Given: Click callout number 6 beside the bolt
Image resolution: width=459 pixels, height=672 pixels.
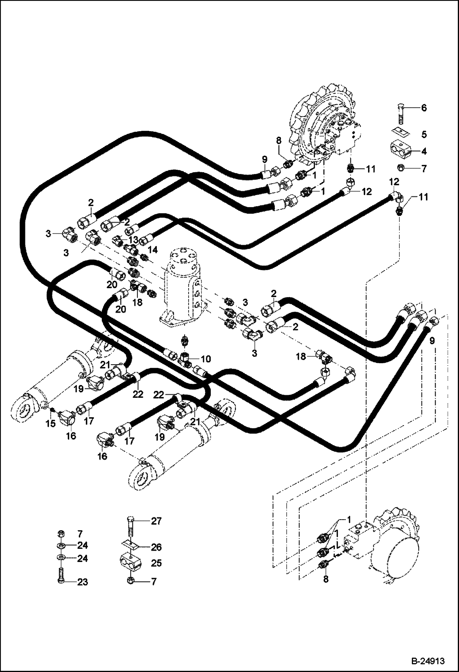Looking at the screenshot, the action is click(x=423, y=108).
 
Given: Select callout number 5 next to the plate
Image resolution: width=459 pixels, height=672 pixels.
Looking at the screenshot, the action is click(x=424, y=134).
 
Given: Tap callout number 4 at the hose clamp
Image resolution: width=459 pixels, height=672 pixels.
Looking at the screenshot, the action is click(x=424, y=151).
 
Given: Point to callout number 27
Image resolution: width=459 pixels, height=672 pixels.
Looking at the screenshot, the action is click(x=156, y=521).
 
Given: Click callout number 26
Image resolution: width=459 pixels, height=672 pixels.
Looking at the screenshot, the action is click(x=156, y=547).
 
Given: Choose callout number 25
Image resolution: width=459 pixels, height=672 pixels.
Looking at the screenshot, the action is click(x=156, y=563).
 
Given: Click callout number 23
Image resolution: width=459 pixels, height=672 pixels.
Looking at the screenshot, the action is click(x=82, y=582).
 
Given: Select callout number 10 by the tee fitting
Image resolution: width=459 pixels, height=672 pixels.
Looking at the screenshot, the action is click(x=206, y=359).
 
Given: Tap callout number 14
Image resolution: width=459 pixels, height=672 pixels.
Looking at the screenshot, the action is click(x=153, y=250).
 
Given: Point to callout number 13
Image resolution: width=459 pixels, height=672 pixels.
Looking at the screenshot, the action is click(x=134, y=239).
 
